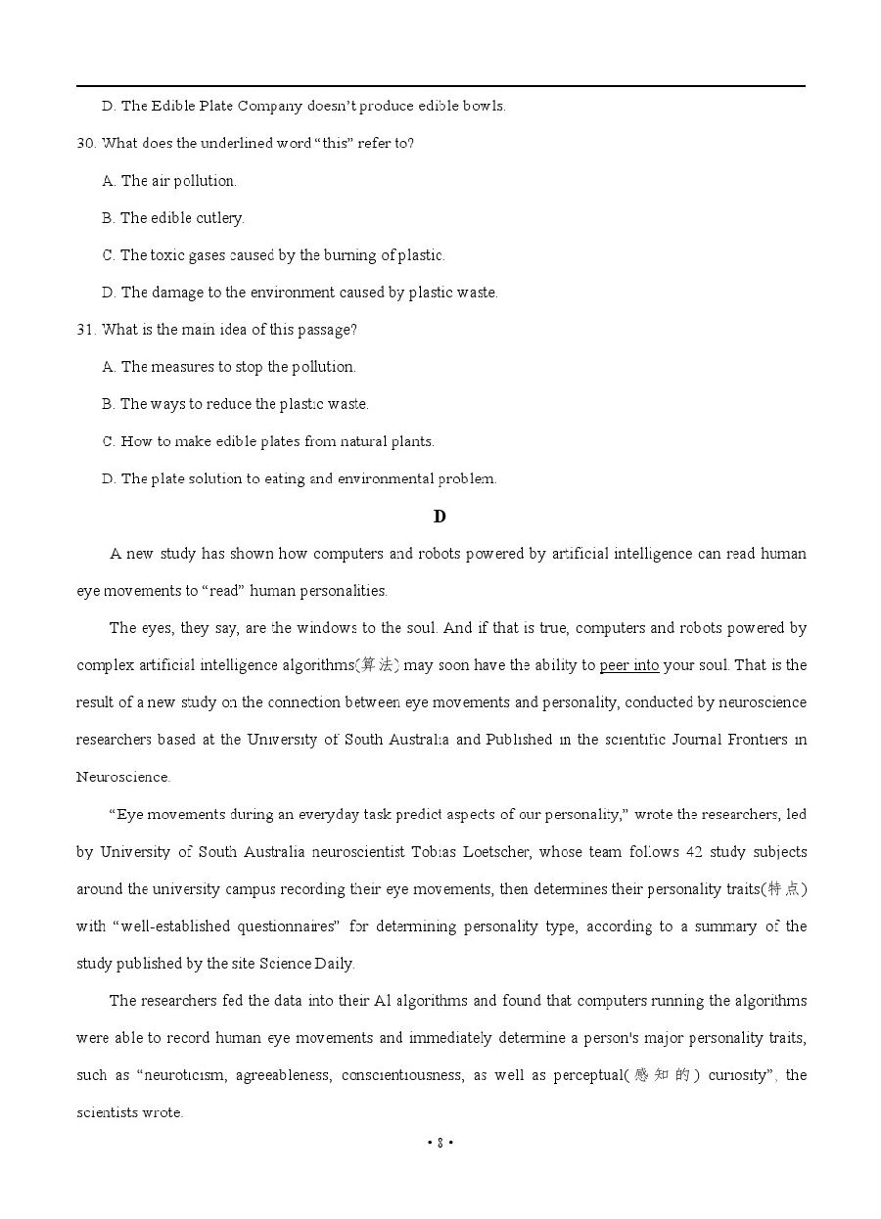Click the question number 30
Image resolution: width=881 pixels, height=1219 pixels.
(85, 144)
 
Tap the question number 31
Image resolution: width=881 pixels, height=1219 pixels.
(85, 330)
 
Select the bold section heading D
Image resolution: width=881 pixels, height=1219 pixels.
(440, 517)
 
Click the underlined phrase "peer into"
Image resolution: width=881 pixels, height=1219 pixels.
(628, 665)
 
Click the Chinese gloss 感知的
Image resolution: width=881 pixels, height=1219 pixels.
(662, 1075)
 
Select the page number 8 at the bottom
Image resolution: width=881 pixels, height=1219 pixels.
(440, 1142)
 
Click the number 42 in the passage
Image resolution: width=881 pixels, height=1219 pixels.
(694, 852)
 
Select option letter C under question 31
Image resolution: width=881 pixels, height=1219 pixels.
(108, 441)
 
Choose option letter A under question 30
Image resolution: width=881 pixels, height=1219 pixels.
(108, 181)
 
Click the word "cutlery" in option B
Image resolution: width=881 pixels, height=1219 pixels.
(219, 218)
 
